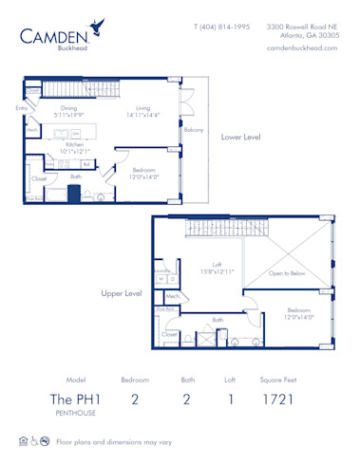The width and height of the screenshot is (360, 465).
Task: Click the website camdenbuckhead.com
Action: (301, 47)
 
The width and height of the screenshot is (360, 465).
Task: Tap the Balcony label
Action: (193, 129)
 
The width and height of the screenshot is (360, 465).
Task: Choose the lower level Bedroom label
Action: (143, 172)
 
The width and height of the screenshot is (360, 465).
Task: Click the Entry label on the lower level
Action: (22, 108)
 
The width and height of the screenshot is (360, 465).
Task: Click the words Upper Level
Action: (122, 293)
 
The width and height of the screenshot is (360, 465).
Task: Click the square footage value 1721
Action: (277, 400)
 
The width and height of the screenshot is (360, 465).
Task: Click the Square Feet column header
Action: (277, 379)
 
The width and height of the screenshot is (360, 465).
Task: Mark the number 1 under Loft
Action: (229, 400)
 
